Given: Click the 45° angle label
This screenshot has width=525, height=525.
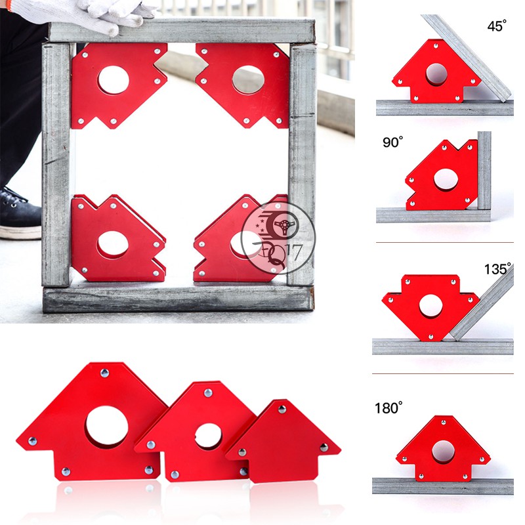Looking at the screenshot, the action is [x=497, y=26].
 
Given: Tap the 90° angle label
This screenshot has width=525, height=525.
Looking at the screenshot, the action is [x=392, y=142].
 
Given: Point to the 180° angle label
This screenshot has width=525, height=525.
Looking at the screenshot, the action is [x=388, y=408].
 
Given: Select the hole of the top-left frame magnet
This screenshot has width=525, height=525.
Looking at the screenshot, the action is [x=114, y=80].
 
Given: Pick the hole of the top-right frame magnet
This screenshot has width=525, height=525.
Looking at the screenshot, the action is [x=248, y=80].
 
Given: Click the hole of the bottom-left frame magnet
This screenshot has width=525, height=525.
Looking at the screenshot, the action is [x=112, y=245].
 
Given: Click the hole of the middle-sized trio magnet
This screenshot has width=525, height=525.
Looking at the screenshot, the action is [x=208, y=436].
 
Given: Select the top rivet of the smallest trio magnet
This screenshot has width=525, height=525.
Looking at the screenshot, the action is [x=282, y=409].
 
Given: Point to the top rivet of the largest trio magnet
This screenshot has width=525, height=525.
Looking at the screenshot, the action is [x=104, y=373].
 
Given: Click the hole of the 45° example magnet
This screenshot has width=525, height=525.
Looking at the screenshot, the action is [x=436, y=75].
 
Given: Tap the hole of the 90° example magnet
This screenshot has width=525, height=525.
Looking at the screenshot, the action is [x=446, y=180].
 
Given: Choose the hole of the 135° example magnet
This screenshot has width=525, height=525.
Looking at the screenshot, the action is [x=430, y=306].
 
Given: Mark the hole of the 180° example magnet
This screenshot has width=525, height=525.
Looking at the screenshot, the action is [x=443, y=452].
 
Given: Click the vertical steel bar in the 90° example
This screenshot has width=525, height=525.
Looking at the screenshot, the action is [x=484, y=171].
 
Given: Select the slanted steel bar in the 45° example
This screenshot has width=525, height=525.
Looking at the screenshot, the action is [x=467, y=58].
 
